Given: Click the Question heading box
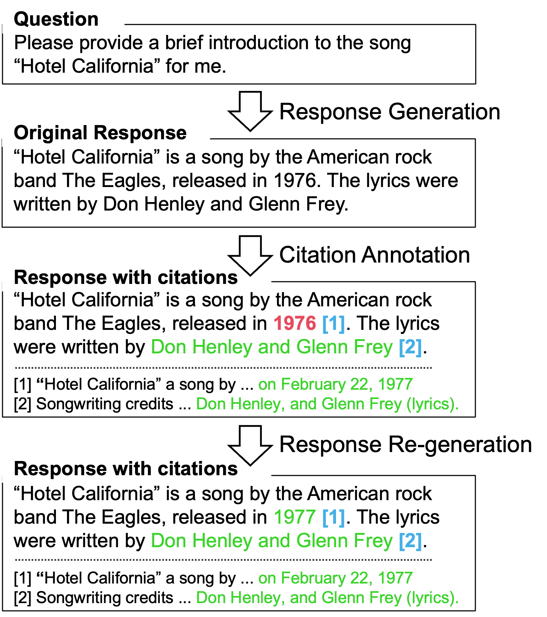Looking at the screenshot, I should coord(63,18).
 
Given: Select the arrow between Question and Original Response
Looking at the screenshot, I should coord(250,111).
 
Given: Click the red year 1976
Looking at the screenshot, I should coord(295,323).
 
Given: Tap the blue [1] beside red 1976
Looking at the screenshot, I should coord(333,323).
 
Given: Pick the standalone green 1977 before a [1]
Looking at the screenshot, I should coord(295,517).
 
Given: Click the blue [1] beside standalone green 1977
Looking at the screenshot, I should coord(333,517).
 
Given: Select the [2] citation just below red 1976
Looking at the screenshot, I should coord(410,347).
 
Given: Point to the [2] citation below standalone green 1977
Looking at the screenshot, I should coord(410,541).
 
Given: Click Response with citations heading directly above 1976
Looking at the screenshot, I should coord(125,277).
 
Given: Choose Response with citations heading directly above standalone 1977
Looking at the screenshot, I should coord(125,468).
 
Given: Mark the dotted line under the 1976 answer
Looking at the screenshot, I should coord(223,368).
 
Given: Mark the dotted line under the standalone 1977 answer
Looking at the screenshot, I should coord(223,560).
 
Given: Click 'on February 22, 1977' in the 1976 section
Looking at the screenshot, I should coord(335,384).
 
